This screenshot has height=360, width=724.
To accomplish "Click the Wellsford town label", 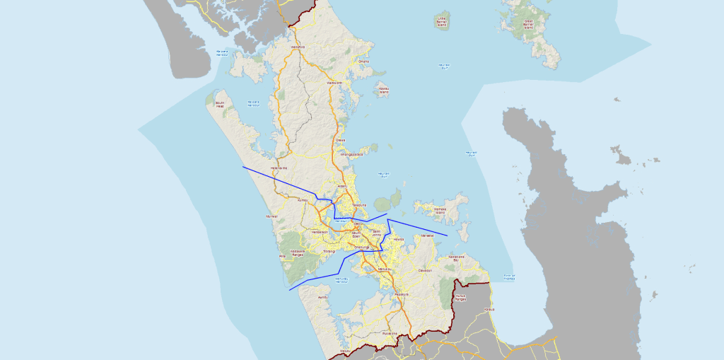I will pos(297,47).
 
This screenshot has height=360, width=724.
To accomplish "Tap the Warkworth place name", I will pos(334,83).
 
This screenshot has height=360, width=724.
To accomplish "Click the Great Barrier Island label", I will pos(528,23).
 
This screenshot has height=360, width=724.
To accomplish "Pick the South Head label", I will pos(219,104).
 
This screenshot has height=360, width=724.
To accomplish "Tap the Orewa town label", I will pos(340,140).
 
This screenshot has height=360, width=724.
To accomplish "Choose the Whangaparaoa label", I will pos(351,153).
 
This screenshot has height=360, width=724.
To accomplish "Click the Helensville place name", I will pos(279,168).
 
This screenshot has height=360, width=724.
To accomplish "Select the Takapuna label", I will pos(358,205).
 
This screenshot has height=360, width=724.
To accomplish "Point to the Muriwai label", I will pos(271,216).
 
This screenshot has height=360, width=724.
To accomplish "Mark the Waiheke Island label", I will pos(440,211).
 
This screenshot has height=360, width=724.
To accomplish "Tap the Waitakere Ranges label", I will pos(298,252).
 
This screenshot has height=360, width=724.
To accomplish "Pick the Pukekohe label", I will pos(389,332).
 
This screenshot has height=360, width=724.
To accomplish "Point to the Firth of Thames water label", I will pos(508,277).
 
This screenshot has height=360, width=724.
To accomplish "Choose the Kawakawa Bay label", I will pos(456,258).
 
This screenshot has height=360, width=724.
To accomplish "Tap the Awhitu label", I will pos(323,297).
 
